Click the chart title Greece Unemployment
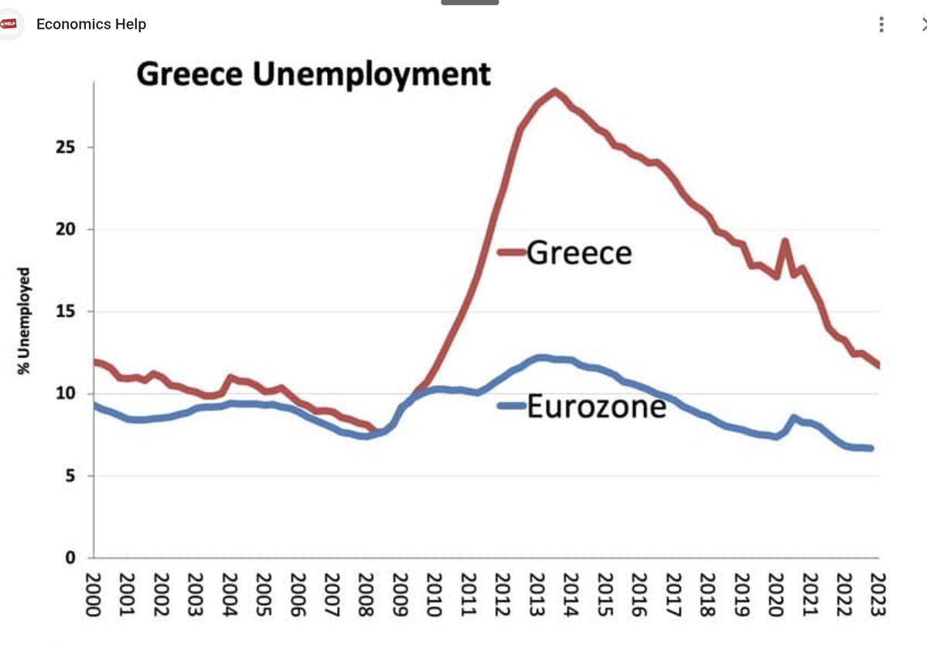pos(313,74)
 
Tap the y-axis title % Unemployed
pos(23,321)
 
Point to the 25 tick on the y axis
pos(66,147)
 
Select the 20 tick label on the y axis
pos(66,229)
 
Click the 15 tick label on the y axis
pos(66,311)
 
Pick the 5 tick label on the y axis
pos(70,476)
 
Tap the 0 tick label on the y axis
pos(70,558)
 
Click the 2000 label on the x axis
pos(94,595)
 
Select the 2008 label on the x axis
pos(366,595)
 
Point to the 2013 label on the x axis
pos(537,595)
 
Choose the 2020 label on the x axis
pos(775,595)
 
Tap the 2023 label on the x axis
pos(878,595)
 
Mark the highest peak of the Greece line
pos(554,91)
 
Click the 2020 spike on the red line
pos(785,240)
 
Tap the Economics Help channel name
pos(91,24)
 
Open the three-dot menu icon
pos(881,24)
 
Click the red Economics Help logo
pos(9,24)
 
